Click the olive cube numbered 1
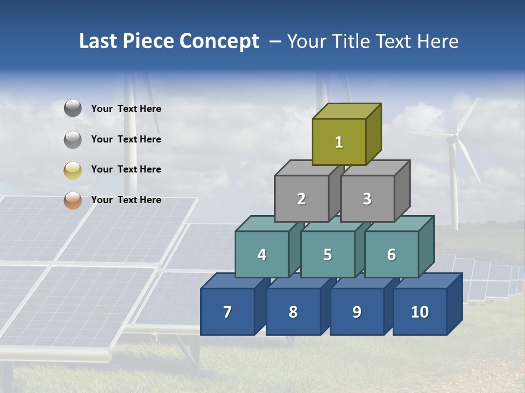tap(339, 142)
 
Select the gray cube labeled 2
tap(301, 199)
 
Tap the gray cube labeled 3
tap(367, 199)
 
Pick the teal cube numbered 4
tap(262, 254)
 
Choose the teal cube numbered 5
tap(328, 254)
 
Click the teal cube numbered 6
tap(392, 254)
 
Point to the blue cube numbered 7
tap(227, 312)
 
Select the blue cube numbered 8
tap(293, 312)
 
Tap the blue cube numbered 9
tap(357, 312)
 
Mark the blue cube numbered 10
tap(419, 312)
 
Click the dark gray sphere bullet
tap(73, 109)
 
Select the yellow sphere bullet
tap(73, 170)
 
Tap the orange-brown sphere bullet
tap(73, 200)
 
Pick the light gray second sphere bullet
tap(73, 139)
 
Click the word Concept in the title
tap(219, 41)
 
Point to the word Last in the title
tap(98, 41)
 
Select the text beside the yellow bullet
tap(126, 169)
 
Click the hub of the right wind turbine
tap(452, 139)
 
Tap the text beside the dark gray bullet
tap(126, 109)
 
